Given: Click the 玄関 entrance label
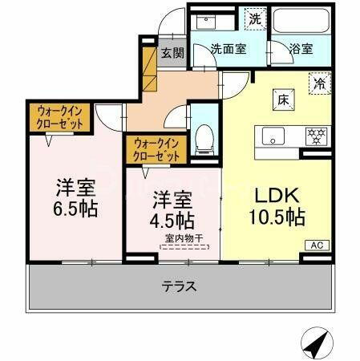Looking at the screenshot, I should (x=172, y=54).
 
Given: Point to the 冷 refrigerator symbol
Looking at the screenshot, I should (x=320, y=82).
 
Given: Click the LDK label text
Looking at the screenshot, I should (x=278, y=196).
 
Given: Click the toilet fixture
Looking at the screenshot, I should (x=204, y=139).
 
